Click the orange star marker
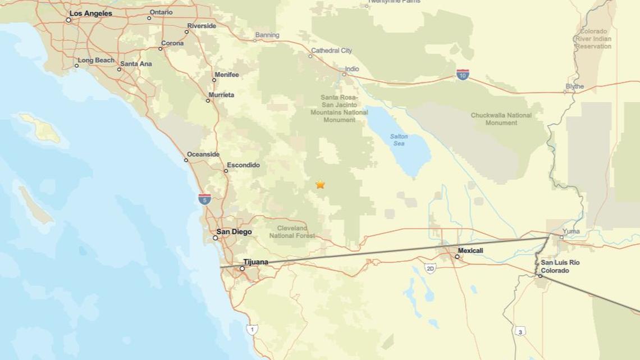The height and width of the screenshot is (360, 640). tap(320, 184)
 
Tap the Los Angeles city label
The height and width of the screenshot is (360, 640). tap(90, 13)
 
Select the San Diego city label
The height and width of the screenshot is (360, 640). tap(234, 232)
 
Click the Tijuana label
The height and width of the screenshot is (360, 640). tap(255, 262)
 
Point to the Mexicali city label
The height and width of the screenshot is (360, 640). tap(470, 250)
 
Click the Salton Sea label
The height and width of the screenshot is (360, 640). tap(399, 140)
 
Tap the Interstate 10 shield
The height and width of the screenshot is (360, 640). tap(463, 75)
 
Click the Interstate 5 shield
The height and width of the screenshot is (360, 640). tap(205, 198)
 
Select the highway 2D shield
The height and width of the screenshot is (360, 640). tap(430, 268)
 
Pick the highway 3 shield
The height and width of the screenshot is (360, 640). tap(520, 331)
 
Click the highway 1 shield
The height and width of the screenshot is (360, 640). tap(252, 329)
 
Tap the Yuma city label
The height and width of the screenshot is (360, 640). tap(571, 231)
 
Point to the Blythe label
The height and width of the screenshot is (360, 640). tap(575, 86)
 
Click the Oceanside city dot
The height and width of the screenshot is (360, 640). tap(186, 160)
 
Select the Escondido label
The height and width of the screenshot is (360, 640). tap(243, 165)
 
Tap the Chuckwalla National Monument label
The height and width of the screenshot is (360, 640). tap(501, 119)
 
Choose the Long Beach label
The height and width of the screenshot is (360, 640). tap(96, 60)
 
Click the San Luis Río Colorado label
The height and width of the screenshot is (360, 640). tap(560, 267)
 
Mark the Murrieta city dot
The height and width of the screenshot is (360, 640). tap(208, 101)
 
